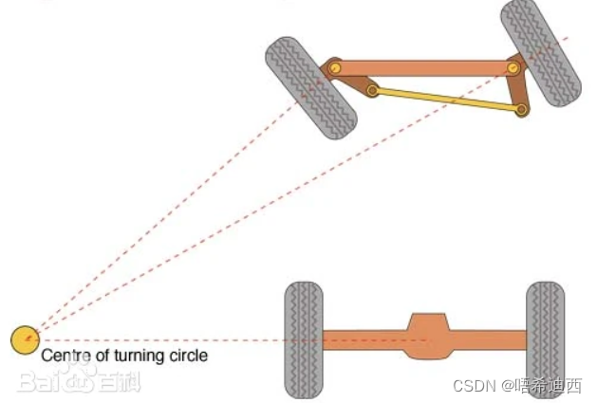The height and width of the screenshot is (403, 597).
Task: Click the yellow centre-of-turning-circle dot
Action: (25, 339)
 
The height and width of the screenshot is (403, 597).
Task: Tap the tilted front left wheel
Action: (310, 87)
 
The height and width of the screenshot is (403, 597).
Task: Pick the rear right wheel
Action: (545, 339)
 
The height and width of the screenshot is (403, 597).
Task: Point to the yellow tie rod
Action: (446, 101)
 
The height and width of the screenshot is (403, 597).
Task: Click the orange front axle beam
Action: (422, 68)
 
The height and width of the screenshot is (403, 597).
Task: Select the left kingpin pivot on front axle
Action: (335, 68)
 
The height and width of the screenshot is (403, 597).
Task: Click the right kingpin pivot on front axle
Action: (513, 68)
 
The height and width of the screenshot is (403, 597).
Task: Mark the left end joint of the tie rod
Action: (373, 91)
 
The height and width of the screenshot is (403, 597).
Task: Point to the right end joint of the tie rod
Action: (521, 110)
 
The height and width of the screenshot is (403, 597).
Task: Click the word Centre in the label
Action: (63, 357)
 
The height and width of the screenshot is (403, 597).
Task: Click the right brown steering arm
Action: (517, 89)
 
